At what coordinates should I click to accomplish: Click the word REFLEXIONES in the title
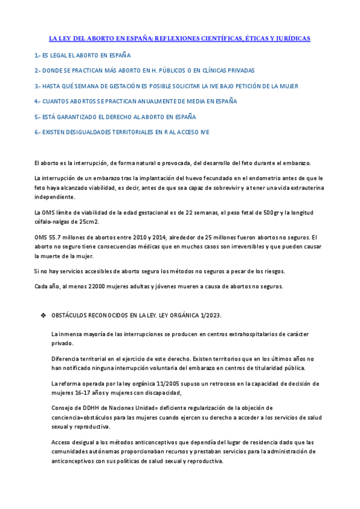point(176,38)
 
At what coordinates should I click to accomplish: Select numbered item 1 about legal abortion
point(83,55)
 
